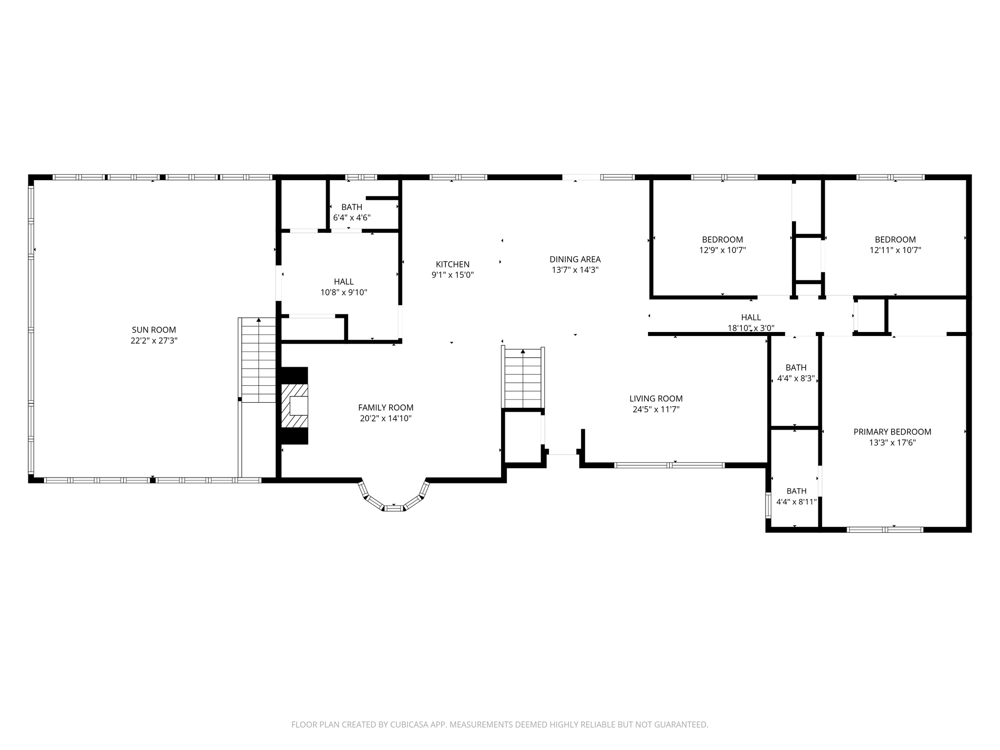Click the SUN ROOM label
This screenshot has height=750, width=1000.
click(154, 330)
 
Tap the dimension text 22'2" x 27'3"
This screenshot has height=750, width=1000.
click(154, 341)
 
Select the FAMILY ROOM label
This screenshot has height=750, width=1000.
click(386, 408)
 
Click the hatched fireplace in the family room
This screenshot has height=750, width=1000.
click(295, 406)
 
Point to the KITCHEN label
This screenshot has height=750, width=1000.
click(453, 265)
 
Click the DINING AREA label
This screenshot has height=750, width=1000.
click(575, 259)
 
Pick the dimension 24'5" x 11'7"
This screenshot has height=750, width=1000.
click(656, 410)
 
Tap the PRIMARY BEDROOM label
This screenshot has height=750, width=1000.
click(892, 432)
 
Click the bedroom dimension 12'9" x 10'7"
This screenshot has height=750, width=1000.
click(722, 250)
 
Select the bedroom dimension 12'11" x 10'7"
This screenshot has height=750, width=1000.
click(895, 250)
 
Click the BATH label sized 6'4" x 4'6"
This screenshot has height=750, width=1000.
click(352, 208)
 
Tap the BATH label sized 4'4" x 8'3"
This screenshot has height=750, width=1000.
click(796, 368)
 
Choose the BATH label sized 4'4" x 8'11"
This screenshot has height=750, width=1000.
click(796, 491)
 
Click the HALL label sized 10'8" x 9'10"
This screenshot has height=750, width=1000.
click(344, 282)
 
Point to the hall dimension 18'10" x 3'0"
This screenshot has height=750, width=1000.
click(751, 328)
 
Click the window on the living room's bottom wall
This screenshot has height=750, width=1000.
click(669, 465)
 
